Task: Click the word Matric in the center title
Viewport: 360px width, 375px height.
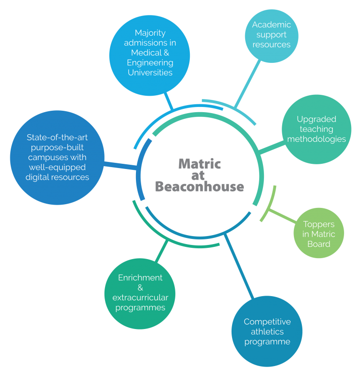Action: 199,164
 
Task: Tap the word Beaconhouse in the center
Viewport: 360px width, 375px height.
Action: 199,186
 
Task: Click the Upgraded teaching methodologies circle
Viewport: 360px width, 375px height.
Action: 316,129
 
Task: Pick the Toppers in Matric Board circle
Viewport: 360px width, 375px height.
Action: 319,233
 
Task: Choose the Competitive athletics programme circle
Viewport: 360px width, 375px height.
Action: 267,331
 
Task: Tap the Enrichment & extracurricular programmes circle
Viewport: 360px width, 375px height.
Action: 140,293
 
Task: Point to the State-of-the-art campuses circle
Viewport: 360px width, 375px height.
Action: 57,158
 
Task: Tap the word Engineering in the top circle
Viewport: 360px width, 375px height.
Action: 150,62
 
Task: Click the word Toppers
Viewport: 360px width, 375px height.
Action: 319,224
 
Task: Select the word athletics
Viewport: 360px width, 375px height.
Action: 267,331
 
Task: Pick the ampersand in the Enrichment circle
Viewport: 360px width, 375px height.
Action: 140,287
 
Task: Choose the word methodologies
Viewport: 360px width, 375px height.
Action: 316,139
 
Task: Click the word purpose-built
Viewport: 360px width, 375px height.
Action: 57,147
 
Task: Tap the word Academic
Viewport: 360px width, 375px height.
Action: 271,25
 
